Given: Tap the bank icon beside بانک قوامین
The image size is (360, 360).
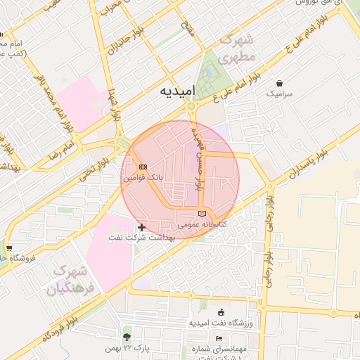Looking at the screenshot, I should coord(143,167).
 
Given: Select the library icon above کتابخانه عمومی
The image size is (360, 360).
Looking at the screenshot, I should coord(203,213).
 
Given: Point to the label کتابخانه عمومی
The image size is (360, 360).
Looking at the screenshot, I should coord(203,225).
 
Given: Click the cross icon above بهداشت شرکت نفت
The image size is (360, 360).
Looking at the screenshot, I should coord(142,227).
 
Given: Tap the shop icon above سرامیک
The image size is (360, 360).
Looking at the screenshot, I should coord(279,82).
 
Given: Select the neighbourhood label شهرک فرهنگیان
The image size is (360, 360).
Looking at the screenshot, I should coord(70,279).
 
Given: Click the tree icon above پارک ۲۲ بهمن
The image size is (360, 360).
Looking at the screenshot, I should coord(127,329).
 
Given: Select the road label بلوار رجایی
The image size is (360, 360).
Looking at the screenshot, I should coord(268,239).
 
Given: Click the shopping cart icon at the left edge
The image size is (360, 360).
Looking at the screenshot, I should coord(8,247).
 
